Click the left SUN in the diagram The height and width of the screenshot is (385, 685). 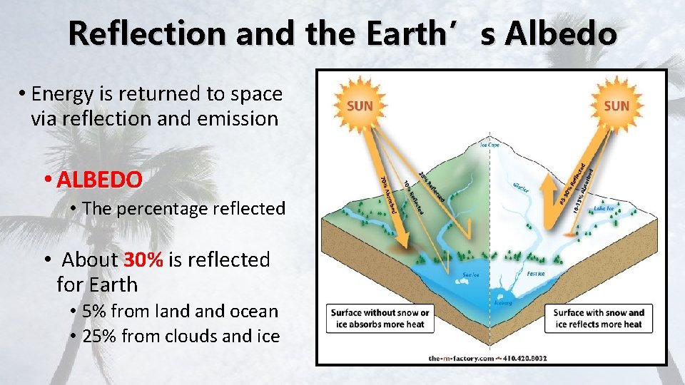360,106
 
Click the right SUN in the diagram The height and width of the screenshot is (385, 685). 616,106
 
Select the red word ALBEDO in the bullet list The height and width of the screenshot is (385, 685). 100,180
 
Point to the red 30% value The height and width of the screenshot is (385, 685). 143,260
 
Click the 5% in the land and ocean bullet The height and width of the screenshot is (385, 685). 94,311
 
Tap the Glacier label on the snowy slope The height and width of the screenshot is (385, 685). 521,189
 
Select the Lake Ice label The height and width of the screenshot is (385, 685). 604,208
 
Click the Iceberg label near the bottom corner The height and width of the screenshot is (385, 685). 503,302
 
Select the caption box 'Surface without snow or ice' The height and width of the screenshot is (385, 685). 380,318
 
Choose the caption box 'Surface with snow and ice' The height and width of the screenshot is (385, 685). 599,318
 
